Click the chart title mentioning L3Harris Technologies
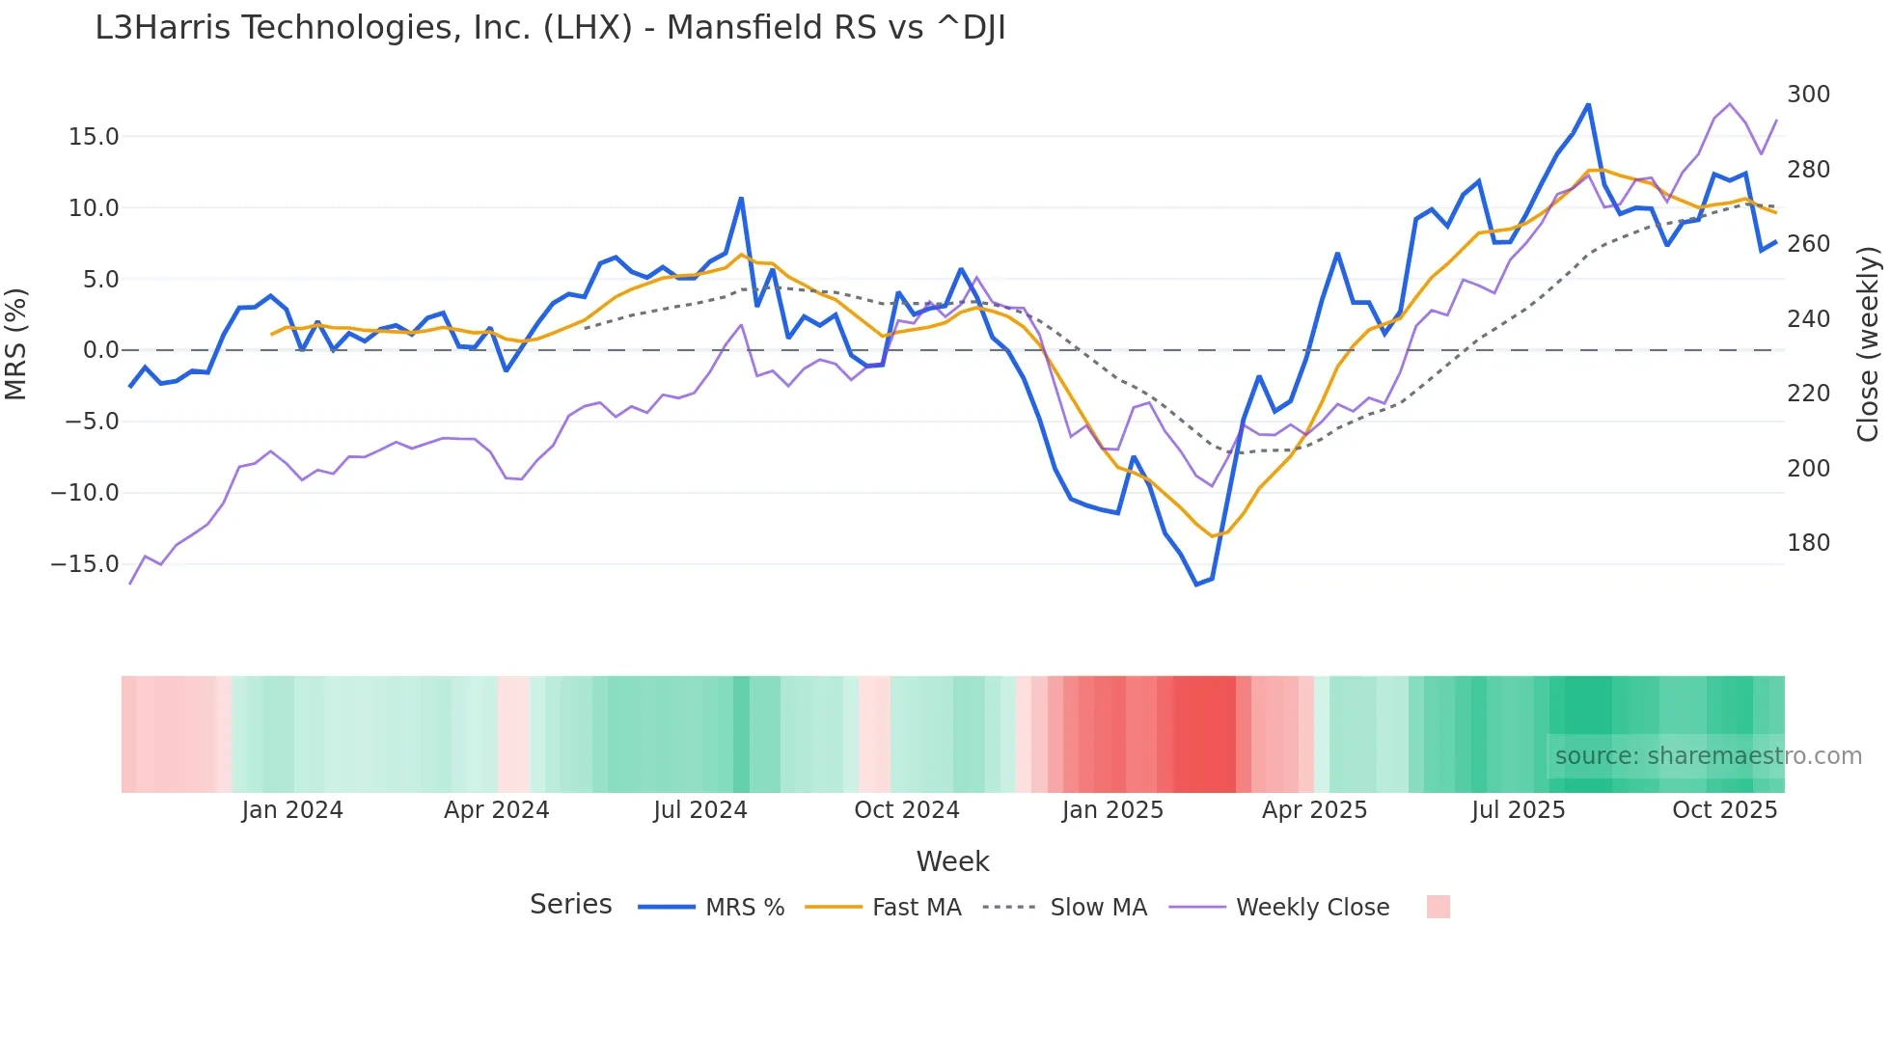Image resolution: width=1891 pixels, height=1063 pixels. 550,28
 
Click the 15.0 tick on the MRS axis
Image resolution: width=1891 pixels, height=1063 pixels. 94,137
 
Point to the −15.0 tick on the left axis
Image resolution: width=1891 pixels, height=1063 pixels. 85,564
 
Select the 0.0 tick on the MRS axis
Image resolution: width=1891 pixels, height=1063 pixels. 100,350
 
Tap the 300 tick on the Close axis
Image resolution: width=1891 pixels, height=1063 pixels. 1808,95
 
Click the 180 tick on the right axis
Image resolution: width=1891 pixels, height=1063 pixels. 1808,543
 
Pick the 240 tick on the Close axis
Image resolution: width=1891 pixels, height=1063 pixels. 1808,319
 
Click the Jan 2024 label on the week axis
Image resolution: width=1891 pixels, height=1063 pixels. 292,810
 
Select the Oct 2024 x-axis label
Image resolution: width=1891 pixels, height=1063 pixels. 907,810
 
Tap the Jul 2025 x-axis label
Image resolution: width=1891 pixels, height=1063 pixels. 1518,810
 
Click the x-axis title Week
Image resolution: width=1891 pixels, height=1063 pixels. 952,861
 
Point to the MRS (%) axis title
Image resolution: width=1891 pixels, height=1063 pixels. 16,343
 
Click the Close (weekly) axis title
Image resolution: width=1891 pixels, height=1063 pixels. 1868,343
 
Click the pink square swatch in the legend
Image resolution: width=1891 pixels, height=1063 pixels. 1438,907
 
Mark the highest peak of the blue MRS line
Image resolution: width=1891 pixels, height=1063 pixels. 1588,104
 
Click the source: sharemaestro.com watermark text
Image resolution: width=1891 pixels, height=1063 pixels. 1708,756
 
